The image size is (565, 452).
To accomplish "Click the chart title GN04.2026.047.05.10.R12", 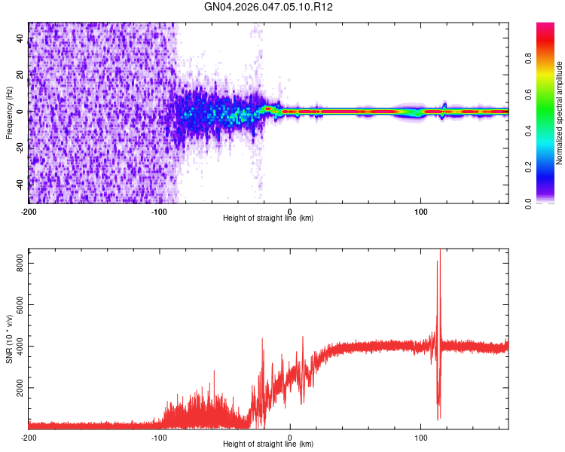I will click(269, 8).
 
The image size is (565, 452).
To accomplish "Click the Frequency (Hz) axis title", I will click(10, 113).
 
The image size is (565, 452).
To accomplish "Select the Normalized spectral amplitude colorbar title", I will click(560, 113).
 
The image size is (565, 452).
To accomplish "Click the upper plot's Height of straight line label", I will click(268, 218).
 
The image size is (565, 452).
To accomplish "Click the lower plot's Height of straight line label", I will click(268, 444).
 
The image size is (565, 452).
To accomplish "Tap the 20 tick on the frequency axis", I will click(20, 75).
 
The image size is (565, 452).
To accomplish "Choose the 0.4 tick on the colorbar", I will click(529, 131).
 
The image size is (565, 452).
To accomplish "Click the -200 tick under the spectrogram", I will click(29, 210).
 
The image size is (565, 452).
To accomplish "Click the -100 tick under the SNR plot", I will click(160, 437).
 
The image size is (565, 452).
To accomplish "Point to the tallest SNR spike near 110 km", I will click(440, 252).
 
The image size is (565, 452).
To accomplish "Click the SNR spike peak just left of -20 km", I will click(262, 339).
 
